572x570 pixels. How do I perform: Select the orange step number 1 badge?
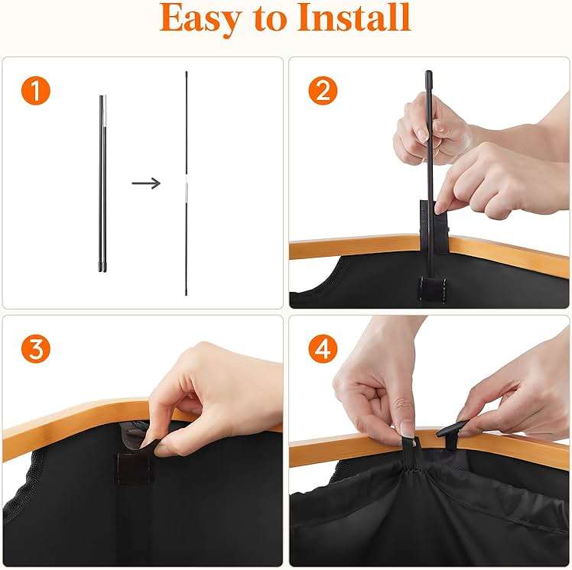tap(35, 92)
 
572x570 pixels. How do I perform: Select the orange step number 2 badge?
tap(322, 92)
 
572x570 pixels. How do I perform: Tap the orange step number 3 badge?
tap(35, 349)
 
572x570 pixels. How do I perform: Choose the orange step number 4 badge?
tap(322, 349)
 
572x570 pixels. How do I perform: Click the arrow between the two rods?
tap(145, 183)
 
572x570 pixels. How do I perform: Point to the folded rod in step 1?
tap(102, 183)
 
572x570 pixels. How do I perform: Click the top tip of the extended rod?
tap(187, 74)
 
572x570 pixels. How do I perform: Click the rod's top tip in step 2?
tap(428, 75)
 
